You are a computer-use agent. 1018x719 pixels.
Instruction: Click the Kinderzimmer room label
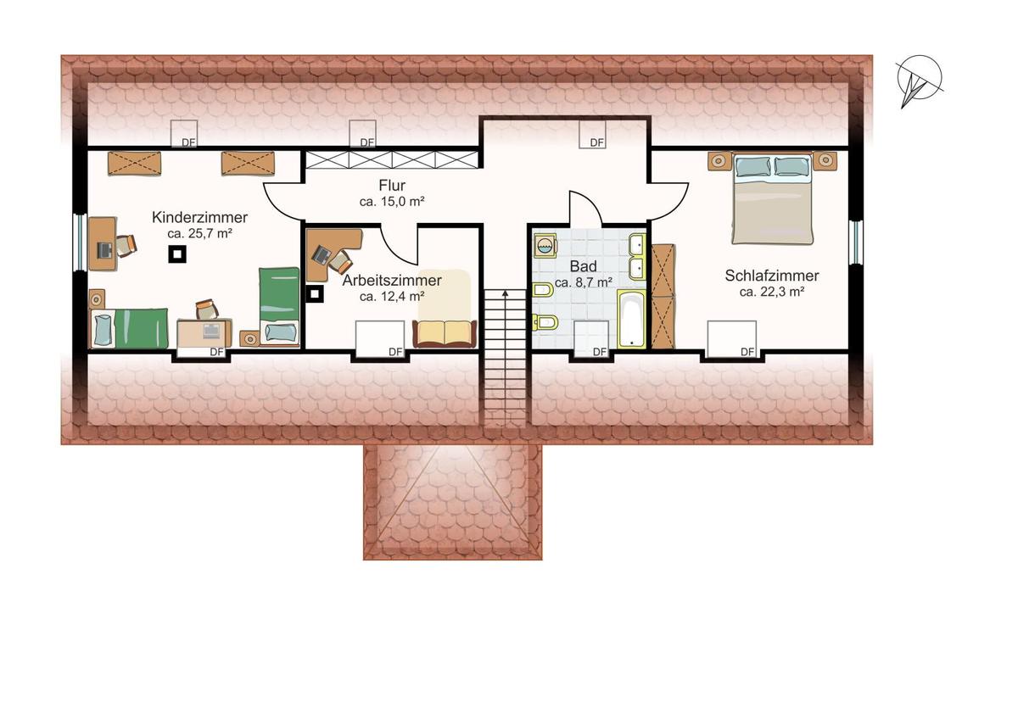(199, 217)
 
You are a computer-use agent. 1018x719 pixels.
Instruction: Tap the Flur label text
(392, 186)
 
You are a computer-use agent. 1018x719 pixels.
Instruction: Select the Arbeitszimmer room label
(392, 281)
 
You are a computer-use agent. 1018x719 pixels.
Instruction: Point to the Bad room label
(583, 266)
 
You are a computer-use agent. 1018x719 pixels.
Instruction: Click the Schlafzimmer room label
(772, 276)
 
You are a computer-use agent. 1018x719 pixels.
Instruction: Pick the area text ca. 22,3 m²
(772, 292)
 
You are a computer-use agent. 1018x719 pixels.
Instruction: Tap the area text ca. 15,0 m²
(392, 201)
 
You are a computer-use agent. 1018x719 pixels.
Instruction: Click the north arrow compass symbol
(919, 81)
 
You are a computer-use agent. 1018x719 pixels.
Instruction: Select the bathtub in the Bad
(632, 319)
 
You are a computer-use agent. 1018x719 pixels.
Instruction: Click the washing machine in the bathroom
(545, 246)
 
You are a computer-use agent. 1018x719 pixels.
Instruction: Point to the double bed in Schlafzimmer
(772, 198)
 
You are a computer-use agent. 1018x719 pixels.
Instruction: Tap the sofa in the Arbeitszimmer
(445, 333)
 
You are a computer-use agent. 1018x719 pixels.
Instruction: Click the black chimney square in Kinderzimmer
(177, 254)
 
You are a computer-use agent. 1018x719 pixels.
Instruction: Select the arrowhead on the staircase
(505, 293)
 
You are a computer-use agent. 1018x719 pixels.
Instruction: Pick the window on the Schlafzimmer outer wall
(855, 242)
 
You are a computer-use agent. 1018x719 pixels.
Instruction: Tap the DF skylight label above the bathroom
(596, 142)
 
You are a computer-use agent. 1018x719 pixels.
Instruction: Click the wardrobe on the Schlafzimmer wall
(663, 297)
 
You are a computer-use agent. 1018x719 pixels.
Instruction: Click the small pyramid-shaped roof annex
(453, 501)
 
